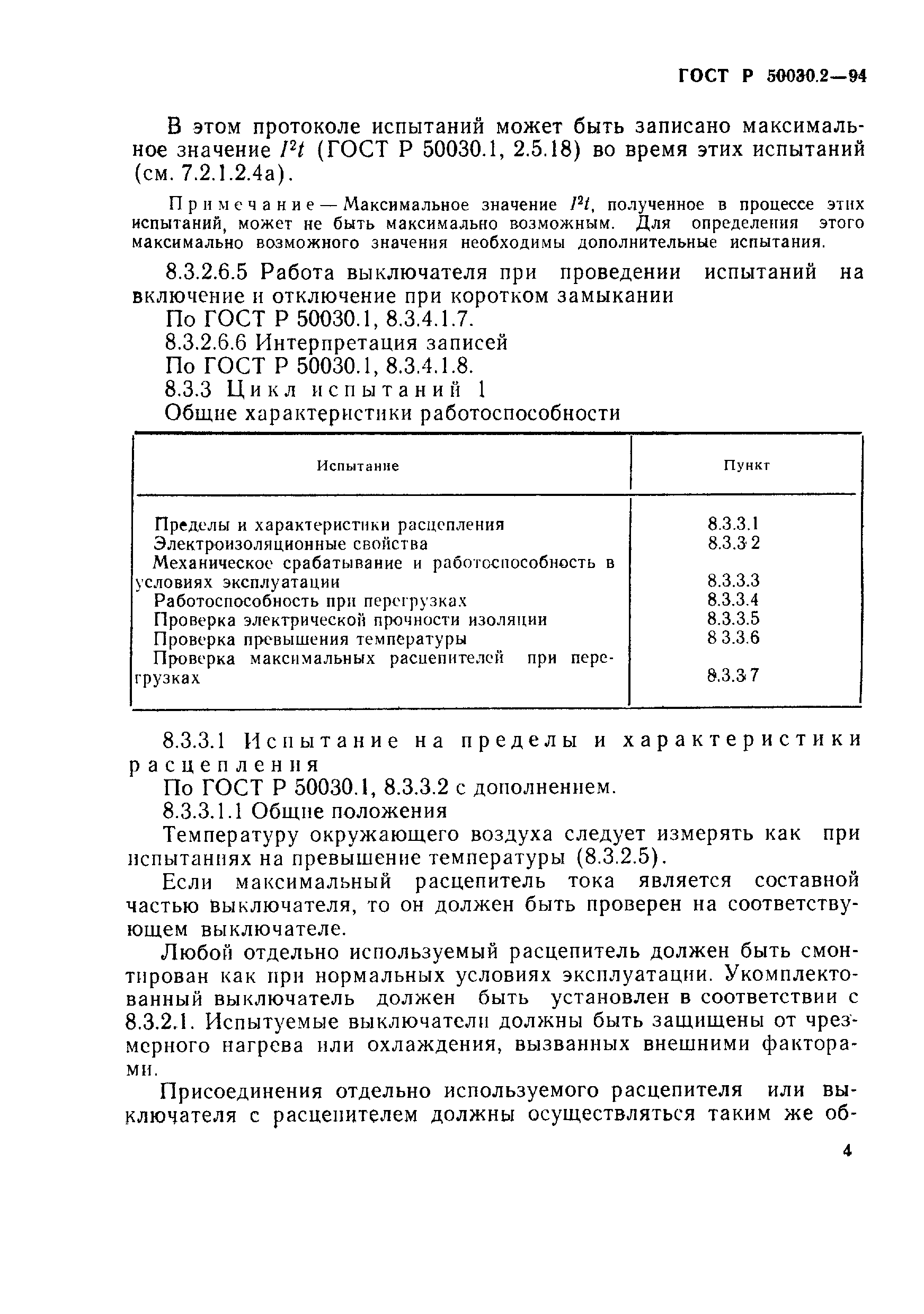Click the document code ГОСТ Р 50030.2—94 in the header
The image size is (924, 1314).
click(772, 77)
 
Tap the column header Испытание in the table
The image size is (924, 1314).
click(358, 466)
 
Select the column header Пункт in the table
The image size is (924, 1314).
click(746, 465)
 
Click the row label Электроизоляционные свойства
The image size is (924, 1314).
click(291, 543)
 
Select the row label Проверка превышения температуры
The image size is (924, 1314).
click(310, 638)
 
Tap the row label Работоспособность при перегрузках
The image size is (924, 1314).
click(310, 600)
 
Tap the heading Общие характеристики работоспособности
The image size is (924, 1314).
click(392, 413)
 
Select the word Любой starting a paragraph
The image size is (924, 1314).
click(198, 952)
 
